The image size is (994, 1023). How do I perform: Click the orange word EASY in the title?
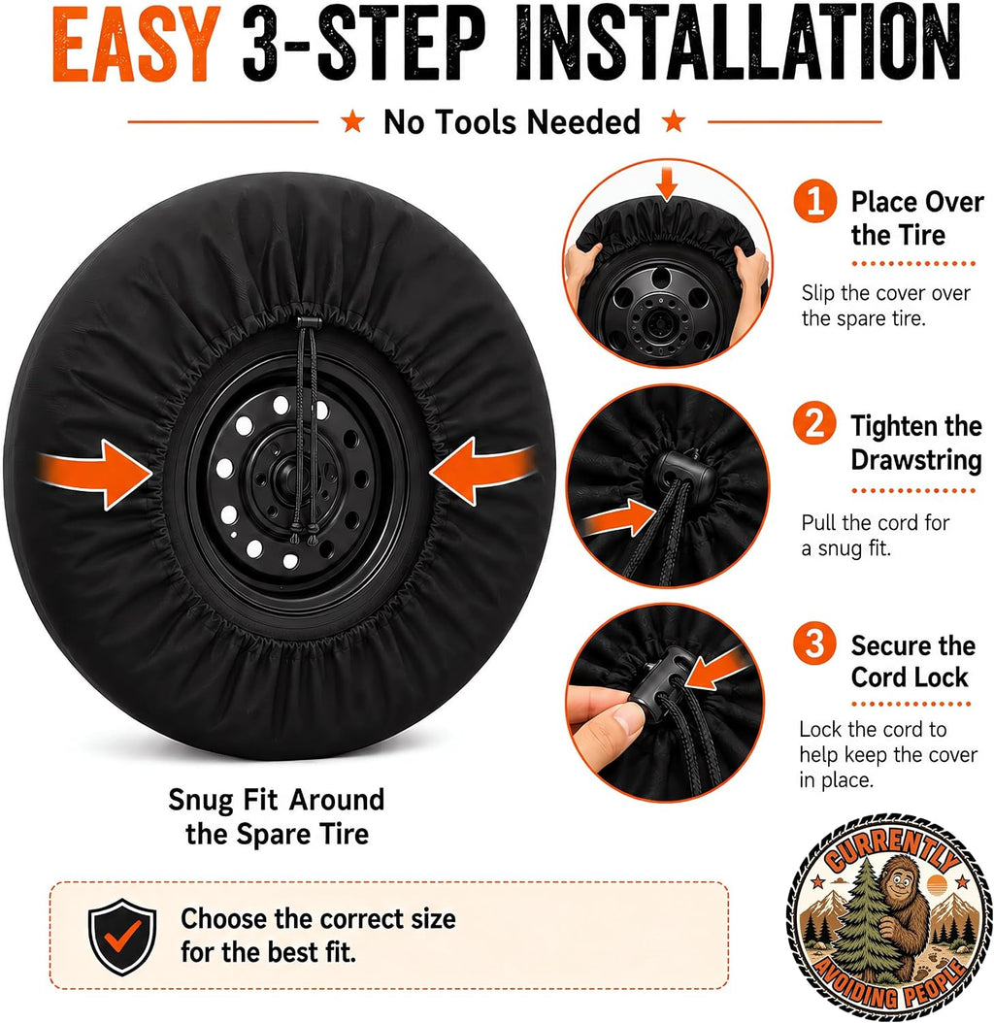click(136, 46)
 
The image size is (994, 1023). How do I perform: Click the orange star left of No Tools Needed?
click(353, 121)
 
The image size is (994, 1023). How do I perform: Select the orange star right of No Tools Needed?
click(674, 121)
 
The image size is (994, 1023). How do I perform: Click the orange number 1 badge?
click(815, 201)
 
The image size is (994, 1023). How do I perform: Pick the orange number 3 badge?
click(815, 643)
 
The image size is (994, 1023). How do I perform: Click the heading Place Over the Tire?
click(917, 218)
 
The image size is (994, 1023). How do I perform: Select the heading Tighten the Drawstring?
click(916, 443)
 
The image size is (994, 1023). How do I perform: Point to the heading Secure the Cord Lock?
click(913, 661)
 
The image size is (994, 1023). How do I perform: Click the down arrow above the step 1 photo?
click(666, 183)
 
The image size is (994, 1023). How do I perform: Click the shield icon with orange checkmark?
click(122, 937)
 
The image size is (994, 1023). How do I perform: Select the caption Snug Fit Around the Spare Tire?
click(277, 817)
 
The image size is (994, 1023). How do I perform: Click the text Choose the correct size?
click(318, 918)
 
